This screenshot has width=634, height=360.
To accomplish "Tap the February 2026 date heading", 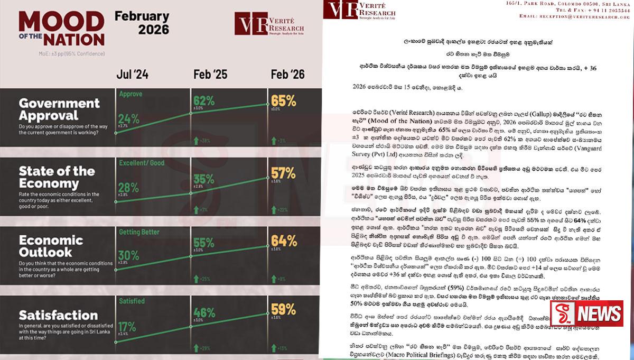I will coord(142,23).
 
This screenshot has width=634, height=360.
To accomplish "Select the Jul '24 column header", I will coord(133,74).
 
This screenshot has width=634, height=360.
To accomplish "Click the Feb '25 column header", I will coord(210,74).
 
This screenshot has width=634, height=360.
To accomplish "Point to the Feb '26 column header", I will coord(287,74).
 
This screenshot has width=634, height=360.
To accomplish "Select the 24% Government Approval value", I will coord(129,118).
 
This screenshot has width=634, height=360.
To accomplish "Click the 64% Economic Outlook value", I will coord(283,241).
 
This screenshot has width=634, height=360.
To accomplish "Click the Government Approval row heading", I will coord(59,109).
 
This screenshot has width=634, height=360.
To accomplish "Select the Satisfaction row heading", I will coord(58,316).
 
